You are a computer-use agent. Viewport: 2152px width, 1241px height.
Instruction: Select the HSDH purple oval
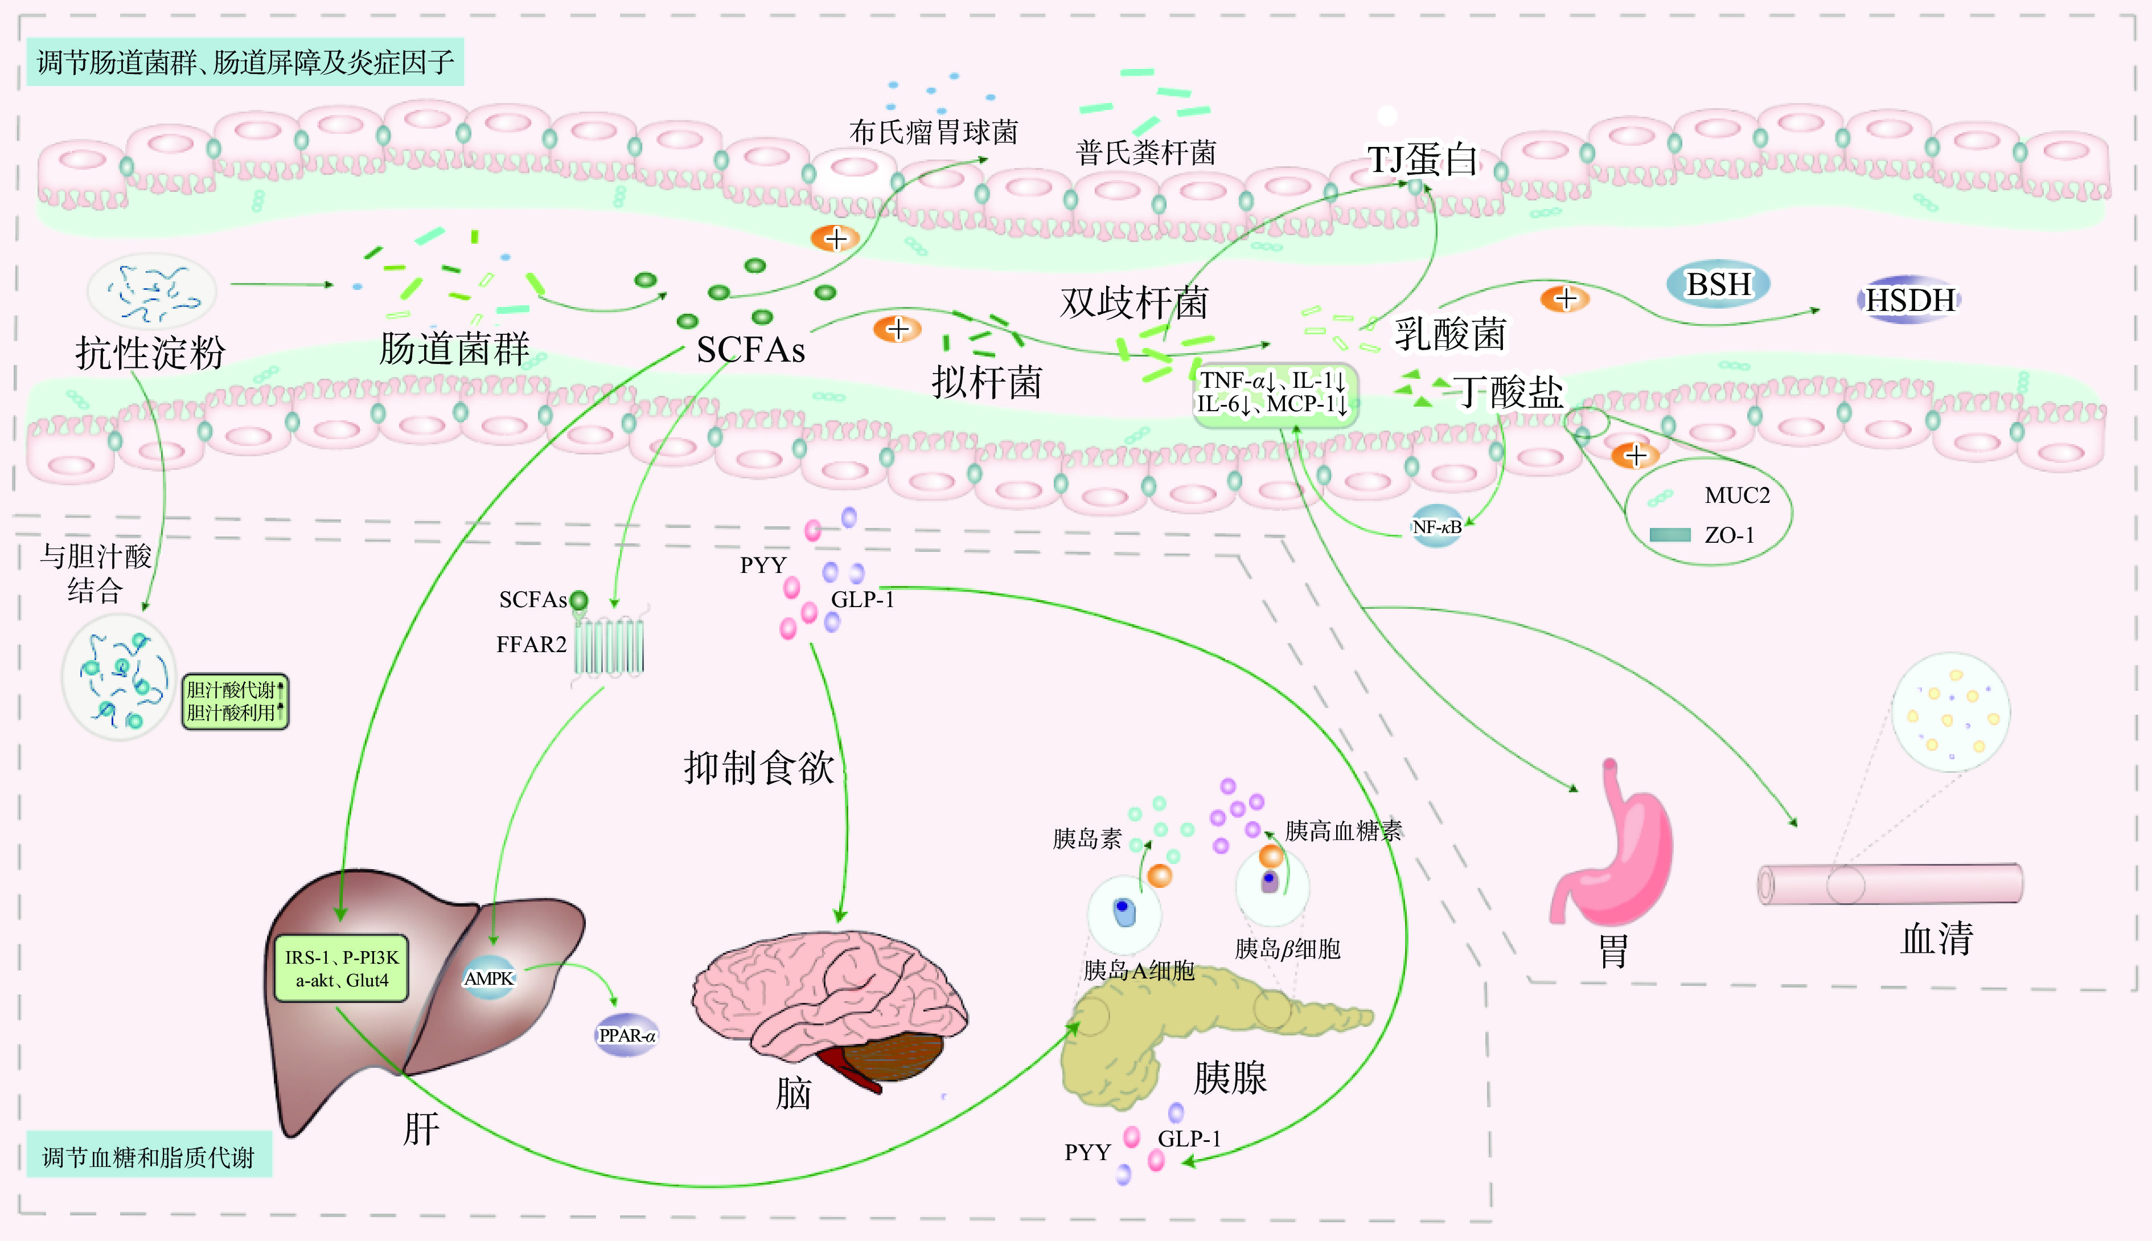click(1909, 300)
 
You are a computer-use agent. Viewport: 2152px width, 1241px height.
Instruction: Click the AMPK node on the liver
click(489, 978)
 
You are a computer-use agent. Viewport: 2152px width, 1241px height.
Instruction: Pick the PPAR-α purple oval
click(627, 1035)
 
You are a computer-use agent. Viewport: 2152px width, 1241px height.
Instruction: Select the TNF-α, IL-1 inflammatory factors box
click(1273, 393)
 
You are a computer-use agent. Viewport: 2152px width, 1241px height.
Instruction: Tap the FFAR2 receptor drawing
click(609, 648)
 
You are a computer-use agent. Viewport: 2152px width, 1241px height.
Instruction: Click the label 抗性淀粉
click(150, 353)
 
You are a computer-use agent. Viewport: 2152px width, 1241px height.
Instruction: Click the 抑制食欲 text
click(758, 767)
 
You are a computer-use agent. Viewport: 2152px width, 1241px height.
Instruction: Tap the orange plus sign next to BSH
click(1565, 299)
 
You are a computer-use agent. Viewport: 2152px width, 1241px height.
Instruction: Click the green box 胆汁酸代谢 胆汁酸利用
click(235, 702)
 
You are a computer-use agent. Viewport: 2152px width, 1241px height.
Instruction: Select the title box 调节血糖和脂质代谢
click(149, 1157)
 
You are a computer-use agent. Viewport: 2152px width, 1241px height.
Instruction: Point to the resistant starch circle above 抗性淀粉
click(151, 292)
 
